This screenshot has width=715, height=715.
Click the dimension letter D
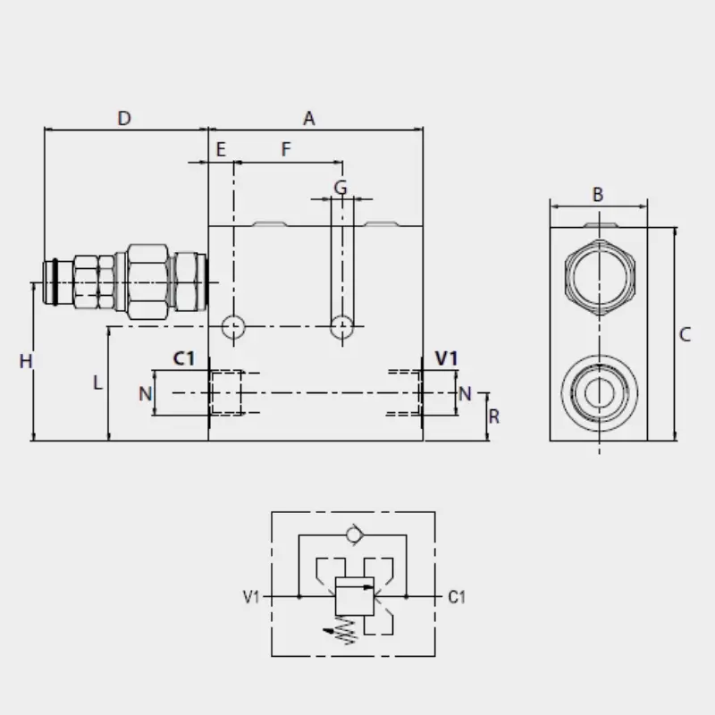(124, 119)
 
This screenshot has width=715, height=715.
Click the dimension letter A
(309, 119)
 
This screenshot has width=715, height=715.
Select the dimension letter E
(221, 149)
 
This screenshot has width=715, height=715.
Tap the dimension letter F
(286, 149)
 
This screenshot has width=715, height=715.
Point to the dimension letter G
(341, 188)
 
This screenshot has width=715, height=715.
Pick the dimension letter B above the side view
(598, 195)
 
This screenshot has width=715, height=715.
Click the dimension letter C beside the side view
(685, 334)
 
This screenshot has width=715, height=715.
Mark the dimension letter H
(26, 362)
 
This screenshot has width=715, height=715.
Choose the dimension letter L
(97, 383)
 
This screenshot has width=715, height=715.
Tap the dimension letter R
(494, 416)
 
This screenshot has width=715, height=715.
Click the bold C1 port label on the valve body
(184, 358)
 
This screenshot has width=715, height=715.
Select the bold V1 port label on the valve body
(446, 358)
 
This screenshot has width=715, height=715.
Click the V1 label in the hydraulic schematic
(251, 597)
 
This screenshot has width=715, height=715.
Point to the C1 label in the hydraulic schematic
(457, 597)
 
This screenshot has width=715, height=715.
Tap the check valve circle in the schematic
(354, 534)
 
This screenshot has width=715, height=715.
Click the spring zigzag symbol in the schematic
(345, 630)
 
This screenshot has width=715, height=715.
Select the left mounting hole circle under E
(233, 326)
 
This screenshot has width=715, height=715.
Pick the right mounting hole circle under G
(342, 326)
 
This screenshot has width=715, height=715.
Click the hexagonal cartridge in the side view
(600, 278)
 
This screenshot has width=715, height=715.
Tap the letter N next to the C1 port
(146, 393)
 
